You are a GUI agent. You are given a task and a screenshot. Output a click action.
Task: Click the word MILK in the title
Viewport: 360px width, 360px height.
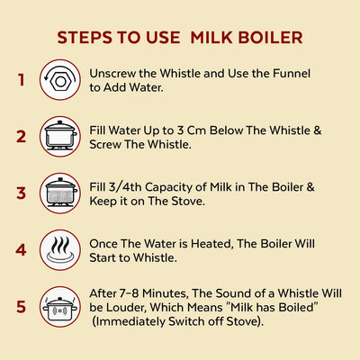pyautogui.click(x=211, y=38)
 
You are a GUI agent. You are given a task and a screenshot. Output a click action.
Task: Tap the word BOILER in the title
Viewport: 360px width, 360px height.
pyautogui.click(x=270, y=38)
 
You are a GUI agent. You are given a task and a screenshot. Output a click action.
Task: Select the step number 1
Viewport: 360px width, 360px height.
pyautogui.click(x=21, y=80)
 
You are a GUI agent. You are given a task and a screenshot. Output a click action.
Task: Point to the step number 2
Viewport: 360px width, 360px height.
pyautogui.click(x=21, y=137)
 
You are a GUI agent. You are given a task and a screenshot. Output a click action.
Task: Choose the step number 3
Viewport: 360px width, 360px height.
pyautogui.click(x=21, y=193)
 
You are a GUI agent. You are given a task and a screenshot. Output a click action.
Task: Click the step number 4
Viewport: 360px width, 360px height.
pyautogui.click(x=21, y=250)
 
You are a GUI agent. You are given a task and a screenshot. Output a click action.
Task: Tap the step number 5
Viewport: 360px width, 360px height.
pyautogui.click(x=21, y=307)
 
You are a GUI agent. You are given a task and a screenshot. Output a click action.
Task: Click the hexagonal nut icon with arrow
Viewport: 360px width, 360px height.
pyautogui.click(x=60, y=80)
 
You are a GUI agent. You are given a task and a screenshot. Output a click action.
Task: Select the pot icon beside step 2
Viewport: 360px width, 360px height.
pyautogui.click(x=60, y=137)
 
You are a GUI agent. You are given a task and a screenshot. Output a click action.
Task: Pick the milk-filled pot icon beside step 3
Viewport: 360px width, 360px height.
pyautogui.click(x=60, y=193)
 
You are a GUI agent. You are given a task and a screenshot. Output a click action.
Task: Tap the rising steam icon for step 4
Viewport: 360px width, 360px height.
pyautogui.click(x=60, y=250)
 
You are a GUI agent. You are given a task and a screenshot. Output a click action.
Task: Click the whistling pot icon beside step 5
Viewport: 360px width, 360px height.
pyautogui.click(x=60, y=307)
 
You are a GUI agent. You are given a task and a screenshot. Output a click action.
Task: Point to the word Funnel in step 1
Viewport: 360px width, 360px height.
pyautogui.click(x=292, y=74)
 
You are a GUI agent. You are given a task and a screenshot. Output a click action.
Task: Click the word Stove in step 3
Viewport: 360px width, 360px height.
pyautogui.click(x=188, y=202)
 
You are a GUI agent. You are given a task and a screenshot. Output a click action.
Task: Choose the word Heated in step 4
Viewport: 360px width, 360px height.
pyautogui.click(x=211, y=244)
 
